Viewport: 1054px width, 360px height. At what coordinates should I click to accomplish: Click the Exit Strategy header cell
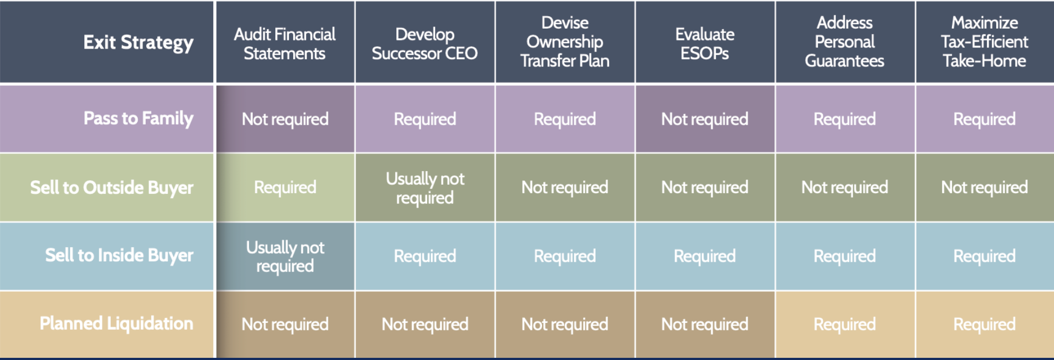(138, 42)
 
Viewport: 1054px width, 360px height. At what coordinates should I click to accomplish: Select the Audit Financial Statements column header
(285, 43)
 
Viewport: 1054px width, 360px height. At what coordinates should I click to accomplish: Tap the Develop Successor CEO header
(425, 43)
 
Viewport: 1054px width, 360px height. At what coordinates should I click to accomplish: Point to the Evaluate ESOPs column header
(705, 43)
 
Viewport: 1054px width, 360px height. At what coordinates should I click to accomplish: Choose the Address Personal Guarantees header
(844, 42)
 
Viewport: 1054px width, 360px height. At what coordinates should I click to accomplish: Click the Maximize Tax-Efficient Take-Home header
(984, 42)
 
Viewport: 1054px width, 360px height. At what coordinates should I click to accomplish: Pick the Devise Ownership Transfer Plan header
(565, 42)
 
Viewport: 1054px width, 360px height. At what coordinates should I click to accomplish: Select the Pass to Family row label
(138, 118)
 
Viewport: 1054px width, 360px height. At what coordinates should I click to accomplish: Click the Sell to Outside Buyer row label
(112, 187)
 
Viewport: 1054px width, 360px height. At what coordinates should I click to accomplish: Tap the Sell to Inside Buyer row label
(119, 255)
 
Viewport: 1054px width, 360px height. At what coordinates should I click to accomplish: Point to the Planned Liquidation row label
(117, 323)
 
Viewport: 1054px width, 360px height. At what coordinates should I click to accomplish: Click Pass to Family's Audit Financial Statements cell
(285, 119)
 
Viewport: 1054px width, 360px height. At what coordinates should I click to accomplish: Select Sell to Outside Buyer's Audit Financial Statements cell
(285, 187)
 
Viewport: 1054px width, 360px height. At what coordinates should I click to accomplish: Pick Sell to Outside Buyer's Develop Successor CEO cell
(425, 188)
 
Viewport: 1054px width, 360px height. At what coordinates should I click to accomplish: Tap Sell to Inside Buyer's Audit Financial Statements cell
(285, 256)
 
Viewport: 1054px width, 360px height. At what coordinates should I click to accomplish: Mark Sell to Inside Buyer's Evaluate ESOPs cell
(705, 256)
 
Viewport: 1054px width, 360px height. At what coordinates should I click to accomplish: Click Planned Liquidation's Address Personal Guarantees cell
(844, 324)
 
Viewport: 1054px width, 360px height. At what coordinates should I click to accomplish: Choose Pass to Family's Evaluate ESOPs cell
(705, 119)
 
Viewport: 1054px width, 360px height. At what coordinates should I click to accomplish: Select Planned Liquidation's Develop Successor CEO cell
(425, 324)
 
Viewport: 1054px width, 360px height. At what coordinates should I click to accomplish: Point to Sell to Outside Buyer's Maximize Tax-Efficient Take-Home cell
(984, 187)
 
